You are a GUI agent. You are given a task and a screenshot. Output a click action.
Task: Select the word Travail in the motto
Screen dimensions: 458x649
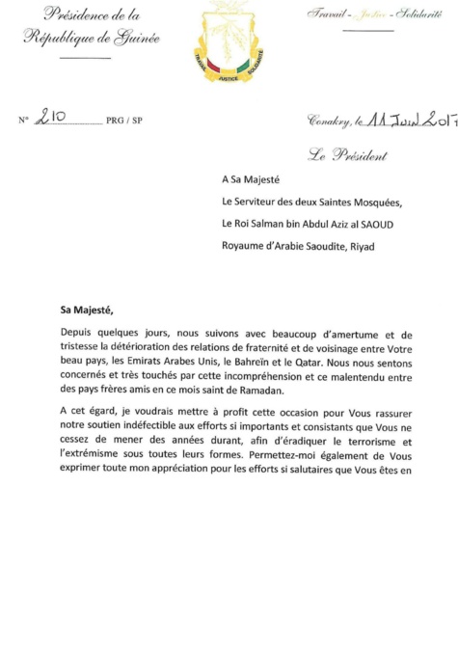[x=326, y=14]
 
